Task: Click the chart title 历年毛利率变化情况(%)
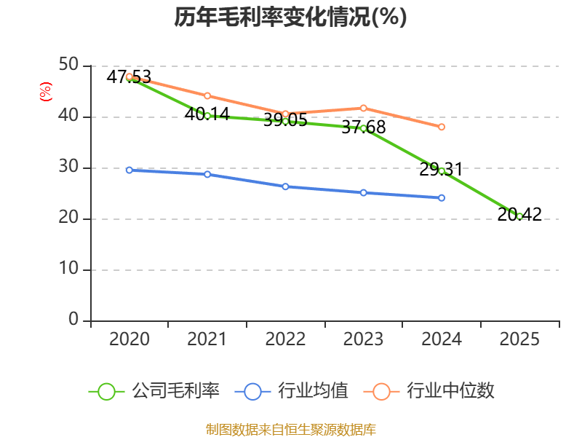tap(290, 17)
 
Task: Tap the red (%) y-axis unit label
tap(46, 92)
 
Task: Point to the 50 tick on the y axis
tap(68, 65)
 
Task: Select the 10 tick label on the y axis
tap(68, 268)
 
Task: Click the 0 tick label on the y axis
tap(73, 319)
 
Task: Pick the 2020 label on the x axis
tap(129, 339)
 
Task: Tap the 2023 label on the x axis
tap(363, 339)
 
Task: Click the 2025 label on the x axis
tap(519, 339)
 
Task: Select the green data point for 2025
tap(519, 216)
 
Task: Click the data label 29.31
tap(441, 170)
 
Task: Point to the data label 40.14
tap(207, 114)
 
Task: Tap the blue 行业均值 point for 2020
tap(129, 170)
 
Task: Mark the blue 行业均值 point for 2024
tap(442, 198)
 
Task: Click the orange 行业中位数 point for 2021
tap(207, 96)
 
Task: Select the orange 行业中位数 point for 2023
tap(363, 108)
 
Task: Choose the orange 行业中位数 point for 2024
tap(442, 127)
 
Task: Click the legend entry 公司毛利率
tap(154, 391)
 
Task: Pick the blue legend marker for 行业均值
tap(252, 392)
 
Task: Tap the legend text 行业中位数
tap(450, 391)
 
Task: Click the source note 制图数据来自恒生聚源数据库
tap(290, 430)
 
